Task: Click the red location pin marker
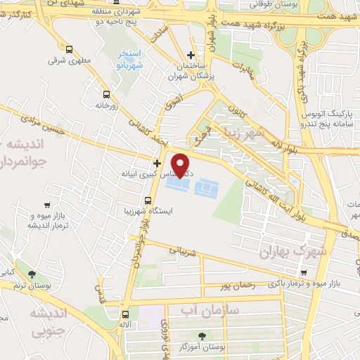coord(182,166)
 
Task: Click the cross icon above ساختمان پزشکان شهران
coord(191,56)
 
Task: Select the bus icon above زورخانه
coord(106,94)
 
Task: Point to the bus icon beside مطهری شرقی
coord(69,49)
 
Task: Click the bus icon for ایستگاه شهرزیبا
coord(147,200)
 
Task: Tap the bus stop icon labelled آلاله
coord(125,314)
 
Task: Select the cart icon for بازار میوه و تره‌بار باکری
coord(303,273)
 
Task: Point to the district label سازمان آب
coord(210,309)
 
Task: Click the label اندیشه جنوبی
coord(50,319)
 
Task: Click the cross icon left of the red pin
coord(157,162)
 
